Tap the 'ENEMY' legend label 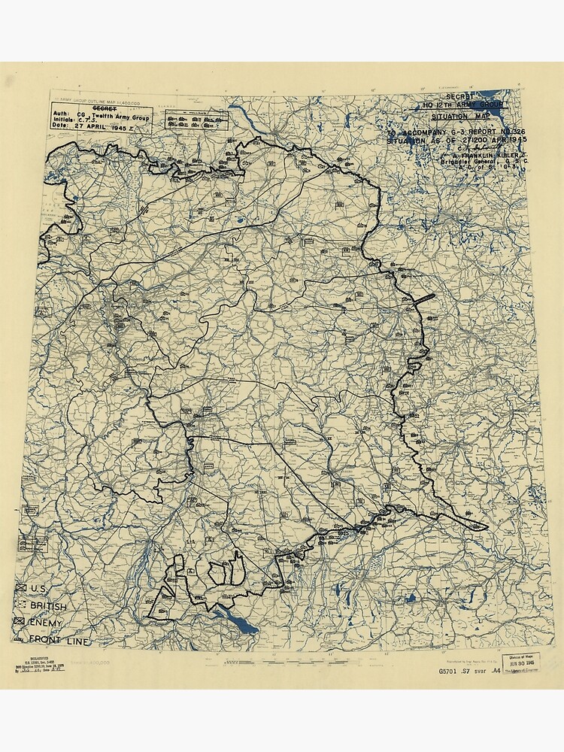(46, 623)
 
